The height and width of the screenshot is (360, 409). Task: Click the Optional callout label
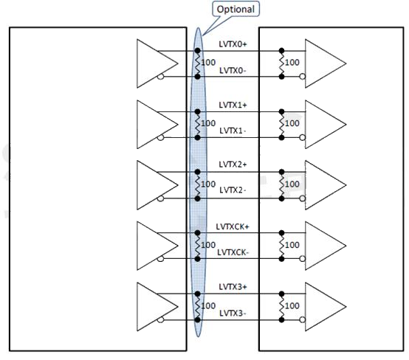click(236, 10)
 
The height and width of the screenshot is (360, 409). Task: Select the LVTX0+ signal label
click(233, 44)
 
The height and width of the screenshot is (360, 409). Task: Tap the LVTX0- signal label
click(233, 70)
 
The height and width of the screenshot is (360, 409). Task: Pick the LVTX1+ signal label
click(233, 105)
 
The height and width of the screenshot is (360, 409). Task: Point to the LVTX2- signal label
click(233, 190)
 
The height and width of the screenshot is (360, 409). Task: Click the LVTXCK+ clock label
click(233, 226)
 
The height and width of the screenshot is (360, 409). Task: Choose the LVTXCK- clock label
click(233, 252)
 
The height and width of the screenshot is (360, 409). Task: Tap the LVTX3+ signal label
click(233, 287)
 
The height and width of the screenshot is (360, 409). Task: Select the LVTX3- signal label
click(233, 313)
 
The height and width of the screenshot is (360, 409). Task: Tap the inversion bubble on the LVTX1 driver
click(161, 137)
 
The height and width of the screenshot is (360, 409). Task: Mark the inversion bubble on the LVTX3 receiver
click(302, 319)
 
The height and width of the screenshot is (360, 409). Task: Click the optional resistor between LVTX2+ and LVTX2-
click(198, 185)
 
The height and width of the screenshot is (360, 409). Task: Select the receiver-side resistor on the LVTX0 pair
click(281, 63)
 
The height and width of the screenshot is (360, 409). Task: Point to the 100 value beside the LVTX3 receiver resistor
click(292, 305)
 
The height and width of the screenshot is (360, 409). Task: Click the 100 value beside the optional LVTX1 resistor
click(208, 123)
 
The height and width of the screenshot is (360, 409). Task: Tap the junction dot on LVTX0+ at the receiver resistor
click(281, 50)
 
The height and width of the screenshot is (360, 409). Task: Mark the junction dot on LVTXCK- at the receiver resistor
click(281, 259)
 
